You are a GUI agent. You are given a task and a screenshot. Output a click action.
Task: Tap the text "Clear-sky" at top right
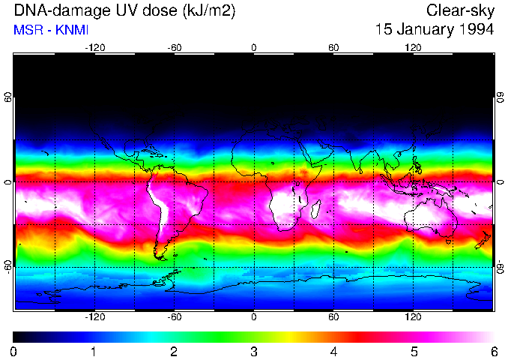coord(460,10)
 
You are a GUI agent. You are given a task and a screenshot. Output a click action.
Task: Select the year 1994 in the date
coord(473,30)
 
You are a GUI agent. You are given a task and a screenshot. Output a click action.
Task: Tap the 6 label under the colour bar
coord(494,352)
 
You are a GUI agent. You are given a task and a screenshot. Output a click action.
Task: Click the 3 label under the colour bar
coord(254,352)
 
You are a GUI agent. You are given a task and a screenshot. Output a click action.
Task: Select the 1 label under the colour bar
coord(94,352)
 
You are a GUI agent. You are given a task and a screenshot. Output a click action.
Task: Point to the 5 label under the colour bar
coord(414,352)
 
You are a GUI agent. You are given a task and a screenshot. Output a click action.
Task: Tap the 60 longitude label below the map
coord(333,317)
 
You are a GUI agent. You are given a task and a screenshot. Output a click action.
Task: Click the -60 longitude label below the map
coord(174,317)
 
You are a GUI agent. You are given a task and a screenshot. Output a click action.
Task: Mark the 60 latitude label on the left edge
coord(8,98)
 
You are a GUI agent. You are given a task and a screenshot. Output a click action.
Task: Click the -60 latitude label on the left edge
coord(8,266)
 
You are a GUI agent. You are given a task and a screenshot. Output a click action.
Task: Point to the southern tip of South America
coord(160,256)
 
